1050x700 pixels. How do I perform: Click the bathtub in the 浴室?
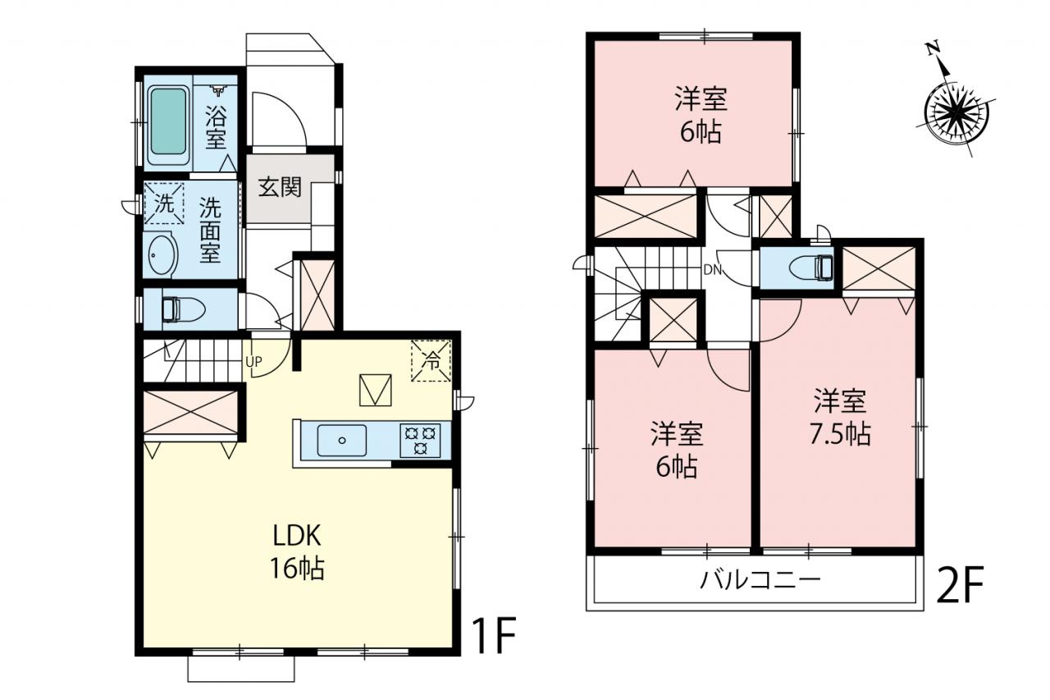(168, 121)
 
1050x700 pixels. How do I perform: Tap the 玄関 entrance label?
(280, 188)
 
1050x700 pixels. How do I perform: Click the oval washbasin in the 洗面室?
(162, 255)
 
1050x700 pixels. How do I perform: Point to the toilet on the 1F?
(183, 309)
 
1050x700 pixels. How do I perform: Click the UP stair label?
(253, 361)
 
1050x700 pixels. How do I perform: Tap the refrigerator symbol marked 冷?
(431, 360)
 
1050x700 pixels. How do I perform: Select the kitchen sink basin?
(342, 440)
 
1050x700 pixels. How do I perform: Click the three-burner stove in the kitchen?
(420, 440)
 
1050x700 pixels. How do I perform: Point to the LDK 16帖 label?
(297, 551)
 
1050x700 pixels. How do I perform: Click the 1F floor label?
(494, 635)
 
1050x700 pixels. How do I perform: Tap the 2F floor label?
(959, 584)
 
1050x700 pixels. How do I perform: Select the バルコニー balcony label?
(760, 580)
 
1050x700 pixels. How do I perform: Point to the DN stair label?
(713, 270)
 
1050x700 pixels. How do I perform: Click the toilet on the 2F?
(811, 268)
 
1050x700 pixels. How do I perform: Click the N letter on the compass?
(933, 48)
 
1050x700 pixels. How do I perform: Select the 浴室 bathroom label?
(216, 127)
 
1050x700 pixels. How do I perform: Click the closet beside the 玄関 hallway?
(317, 295)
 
